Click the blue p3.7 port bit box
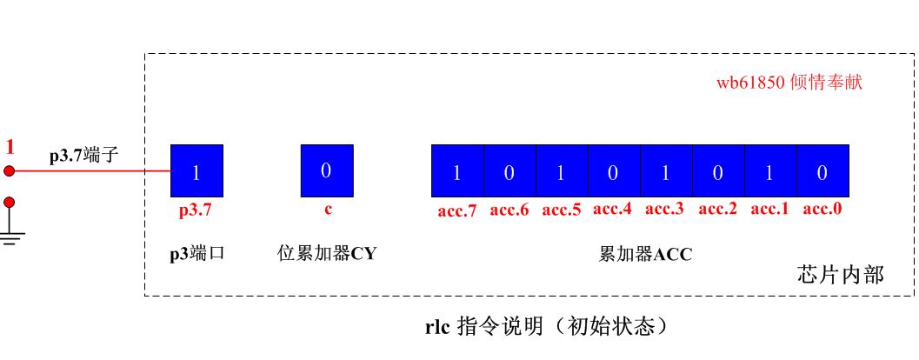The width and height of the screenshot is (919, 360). (x=196, y=170)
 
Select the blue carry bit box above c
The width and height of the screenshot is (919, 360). (x=327, y=170)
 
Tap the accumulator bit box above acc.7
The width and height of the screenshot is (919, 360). (x=457, y=170)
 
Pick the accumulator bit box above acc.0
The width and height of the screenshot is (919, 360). (x=823, y=170)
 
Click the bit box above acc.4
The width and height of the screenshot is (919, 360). (x=614, y=170)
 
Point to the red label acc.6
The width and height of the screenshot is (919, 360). (x=509, y=210)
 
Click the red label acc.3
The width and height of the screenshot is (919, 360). (x=664, y=210)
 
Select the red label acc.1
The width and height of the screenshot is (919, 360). (x=770, y=210)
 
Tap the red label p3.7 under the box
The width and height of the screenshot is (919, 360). (x=195, y=210)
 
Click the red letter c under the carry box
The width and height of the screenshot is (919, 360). (x=328, y=210)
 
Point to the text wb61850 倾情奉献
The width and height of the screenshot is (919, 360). (x=789, y=82)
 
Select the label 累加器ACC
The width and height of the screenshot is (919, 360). (x=645, y=255)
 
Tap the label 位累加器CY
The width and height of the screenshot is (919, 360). (x=326, y=254)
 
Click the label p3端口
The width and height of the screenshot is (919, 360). (x=197, y=255)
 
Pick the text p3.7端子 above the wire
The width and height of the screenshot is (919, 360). (x=84, y=157)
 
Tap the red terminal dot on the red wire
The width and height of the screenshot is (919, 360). (x=9, y=170)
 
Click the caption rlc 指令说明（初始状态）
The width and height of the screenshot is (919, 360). (x=546, y=327)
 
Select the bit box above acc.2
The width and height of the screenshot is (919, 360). (x=718, y=170)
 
